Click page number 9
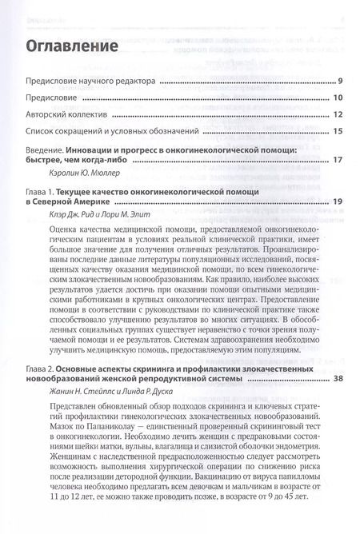(x=340, y=82)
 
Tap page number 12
(x=338, y=114)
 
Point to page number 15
(x=338, y=131)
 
